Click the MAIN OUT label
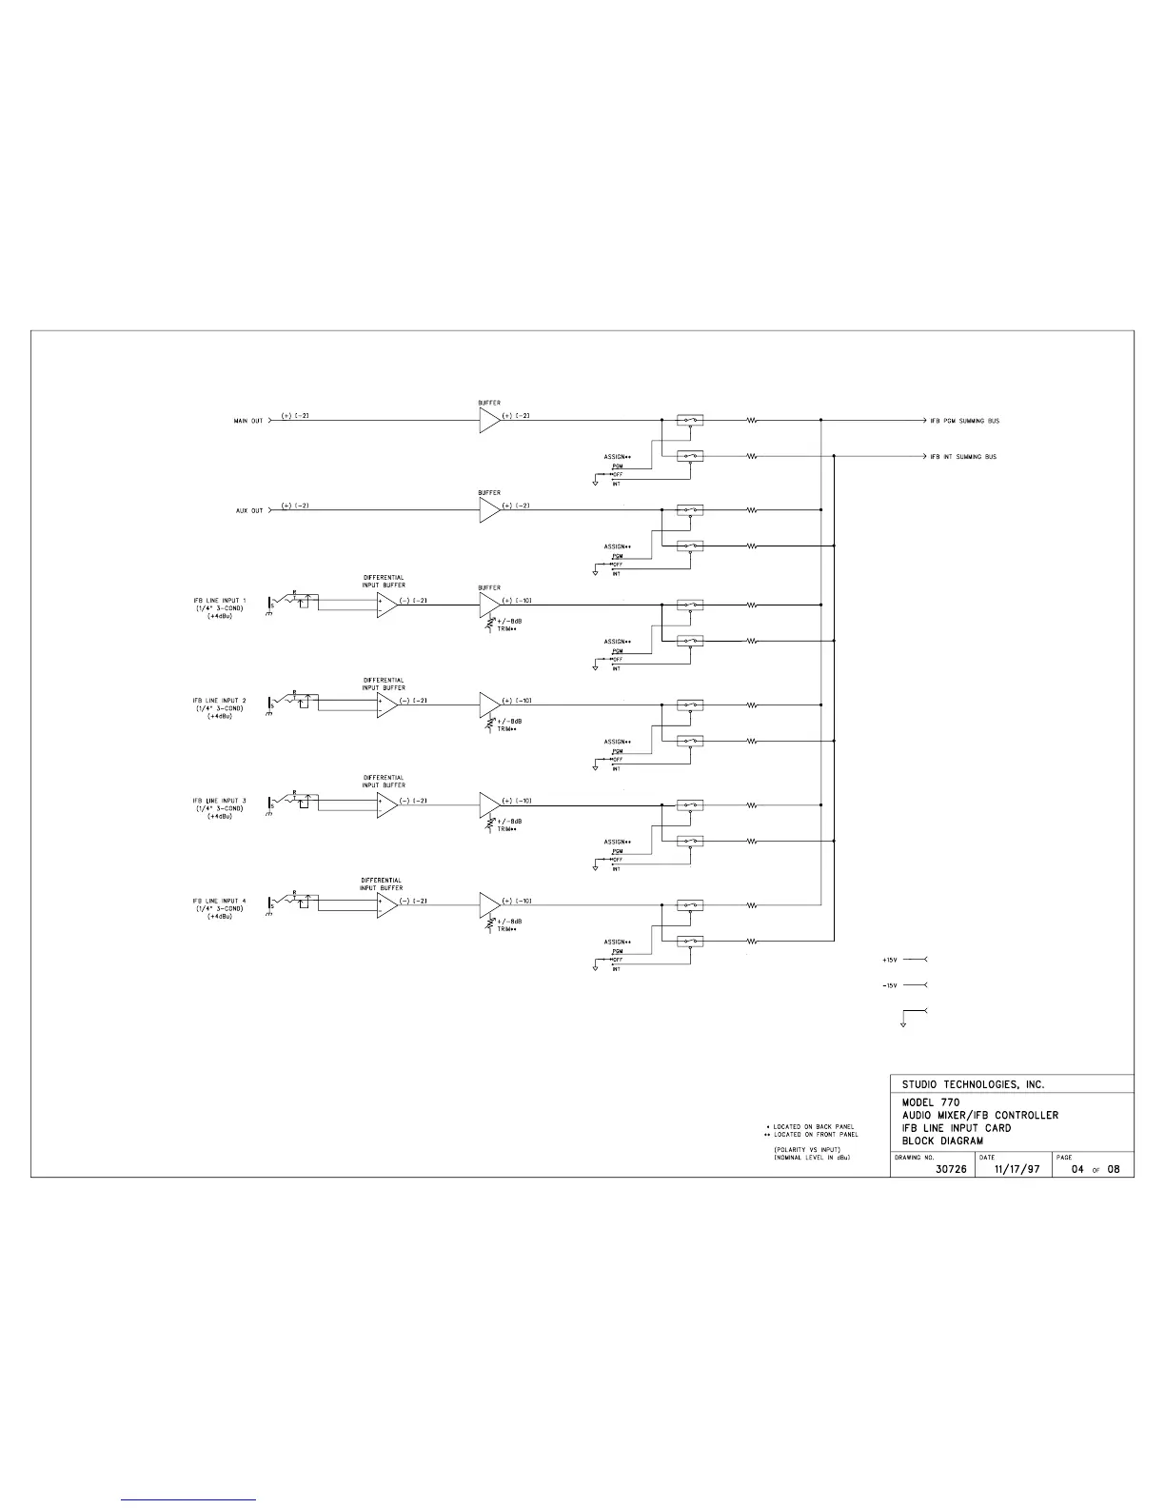tap(248, 421)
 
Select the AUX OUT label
tap(249, 511)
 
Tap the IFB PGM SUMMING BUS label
tap(964, 421)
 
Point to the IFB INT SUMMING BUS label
tap(963, 457)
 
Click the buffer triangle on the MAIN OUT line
tap(489, 421)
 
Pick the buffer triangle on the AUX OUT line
tap(489, 511)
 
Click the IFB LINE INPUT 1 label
tap(219, 601)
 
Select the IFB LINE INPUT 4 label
tap(219, 901)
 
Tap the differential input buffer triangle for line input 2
tap(386, 705)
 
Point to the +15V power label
tap(889, 960)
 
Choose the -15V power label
tap(889, 985)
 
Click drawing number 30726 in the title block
tap(951, 1169)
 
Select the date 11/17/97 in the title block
tap(1017, 1169)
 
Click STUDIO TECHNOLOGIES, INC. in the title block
tap(973, 1084)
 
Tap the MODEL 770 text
tap(931, 1102)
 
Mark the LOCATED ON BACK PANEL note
tap(813, 1127)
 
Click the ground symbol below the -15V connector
tap(902, 1024)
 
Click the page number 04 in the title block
tap(1078, 1169)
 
